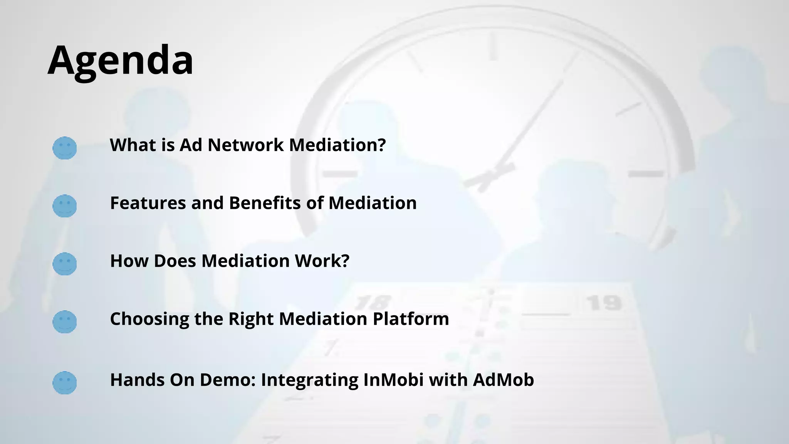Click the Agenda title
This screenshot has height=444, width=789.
click(x=120, y=61)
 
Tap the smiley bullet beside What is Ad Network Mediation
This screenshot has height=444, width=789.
click(x=64, y=148)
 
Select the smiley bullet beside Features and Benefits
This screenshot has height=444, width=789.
click(x=64, y=206)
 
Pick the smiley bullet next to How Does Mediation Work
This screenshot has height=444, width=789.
click(x=64, y=264)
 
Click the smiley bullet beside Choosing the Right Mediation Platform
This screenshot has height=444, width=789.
click(x=64, y=322)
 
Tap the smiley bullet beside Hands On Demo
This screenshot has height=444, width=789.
click(x=64, y=383)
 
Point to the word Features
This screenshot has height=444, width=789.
click(x=148, y=203)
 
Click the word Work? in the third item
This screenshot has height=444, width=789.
click(x=322, y=261)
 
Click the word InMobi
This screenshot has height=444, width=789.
click(x=393, y=380)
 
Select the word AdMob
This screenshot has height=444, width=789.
click(x=503, y=380)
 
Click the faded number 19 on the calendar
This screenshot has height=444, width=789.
click(x=604, y=303)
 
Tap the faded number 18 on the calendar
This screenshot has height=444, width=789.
click(x=372, y=303)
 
